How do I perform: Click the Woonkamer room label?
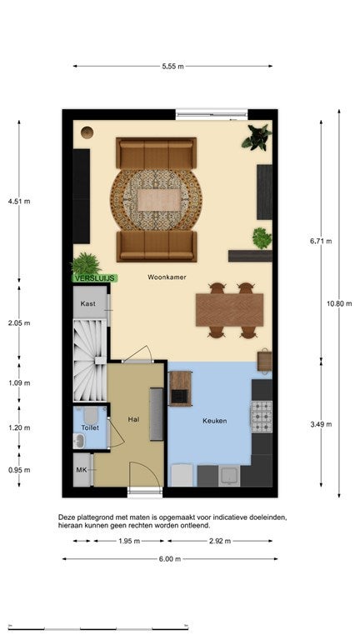click(167, 277)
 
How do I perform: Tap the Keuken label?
click(215, 421)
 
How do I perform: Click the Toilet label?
click(90, 427)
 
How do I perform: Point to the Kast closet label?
click(88, 303)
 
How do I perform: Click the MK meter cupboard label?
click(81, 470)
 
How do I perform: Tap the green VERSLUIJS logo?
click(95, 278)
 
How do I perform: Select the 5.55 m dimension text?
click(172, 66)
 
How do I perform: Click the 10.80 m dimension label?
click(339, 303)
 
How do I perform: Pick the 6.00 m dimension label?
click(170, 559)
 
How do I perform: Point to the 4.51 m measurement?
click(19, 201)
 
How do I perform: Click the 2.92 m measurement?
click(220, 541)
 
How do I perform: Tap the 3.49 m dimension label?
click(321, 424)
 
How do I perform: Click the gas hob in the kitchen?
click(261, 417)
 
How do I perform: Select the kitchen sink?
click(229, 476)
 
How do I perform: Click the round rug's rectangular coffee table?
click(158, 200)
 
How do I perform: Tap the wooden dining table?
click(229, 310)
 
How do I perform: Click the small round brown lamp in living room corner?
click(87, 132)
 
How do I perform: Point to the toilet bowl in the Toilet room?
click(91, 415)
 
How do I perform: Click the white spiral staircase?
click(90, 360)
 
